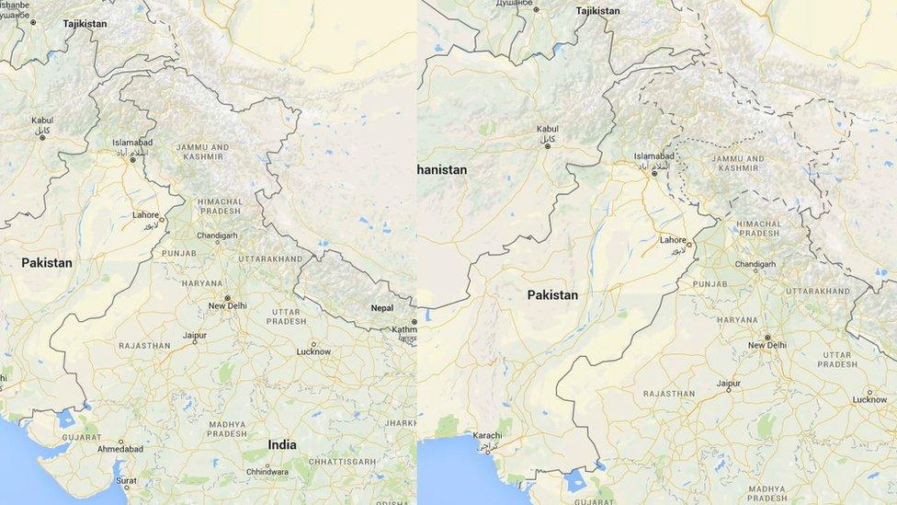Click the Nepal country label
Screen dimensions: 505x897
point(381,308)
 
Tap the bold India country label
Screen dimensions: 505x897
point(282,444)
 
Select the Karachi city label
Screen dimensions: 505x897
point(487,435)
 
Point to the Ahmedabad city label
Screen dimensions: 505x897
point(120,449)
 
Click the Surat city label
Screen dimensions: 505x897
point(126,480)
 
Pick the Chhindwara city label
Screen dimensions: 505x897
point(267,472)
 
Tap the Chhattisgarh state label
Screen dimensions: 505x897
point(343,462)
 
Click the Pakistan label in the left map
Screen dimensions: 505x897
point(47,263)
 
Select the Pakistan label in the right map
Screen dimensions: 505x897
point(552,295)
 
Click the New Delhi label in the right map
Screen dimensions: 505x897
point(766,345)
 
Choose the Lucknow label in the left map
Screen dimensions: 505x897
point(313,351)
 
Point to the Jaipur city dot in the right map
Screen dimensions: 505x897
point(728,390)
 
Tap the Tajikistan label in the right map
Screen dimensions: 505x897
point(597,11)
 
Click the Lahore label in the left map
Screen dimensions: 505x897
point(145,214)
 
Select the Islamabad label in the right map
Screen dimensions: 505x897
point(653,156)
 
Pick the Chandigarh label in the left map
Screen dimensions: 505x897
point(217,235)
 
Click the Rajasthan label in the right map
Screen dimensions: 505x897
point(669,394)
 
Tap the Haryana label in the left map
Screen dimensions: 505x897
point(201,283)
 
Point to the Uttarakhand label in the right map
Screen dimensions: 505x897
point(818,292)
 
